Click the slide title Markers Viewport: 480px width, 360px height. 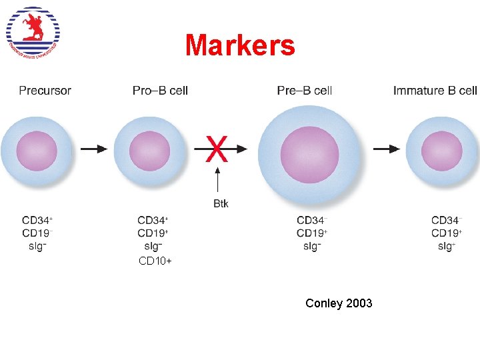coord(240,45)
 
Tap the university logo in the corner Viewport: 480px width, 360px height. coord(33,33)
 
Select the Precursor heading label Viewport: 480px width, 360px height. coord(45,91)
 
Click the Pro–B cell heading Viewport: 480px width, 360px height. coord(160,91)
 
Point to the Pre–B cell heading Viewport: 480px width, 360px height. coord(305,91)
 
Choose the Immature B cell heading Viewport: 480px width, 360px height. coord(435,91)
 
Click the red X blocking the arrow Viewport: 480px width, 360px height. coord(217,149)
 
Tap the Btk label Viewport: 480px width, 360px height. coord(221,203)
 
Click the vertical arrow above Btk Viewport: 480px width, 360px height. coord(217,180)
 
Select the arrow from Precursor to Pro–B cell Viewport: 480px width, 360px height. coord(94,149)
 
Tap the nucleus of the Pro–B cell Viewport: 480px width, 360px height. coord(150,151)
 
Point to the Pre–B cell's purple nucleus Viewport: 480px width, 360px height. coord(309,154)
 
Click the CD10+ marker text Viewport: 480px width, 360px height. coord(155,261)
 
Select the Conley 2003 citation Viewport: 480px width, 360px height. coord(339,303)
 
